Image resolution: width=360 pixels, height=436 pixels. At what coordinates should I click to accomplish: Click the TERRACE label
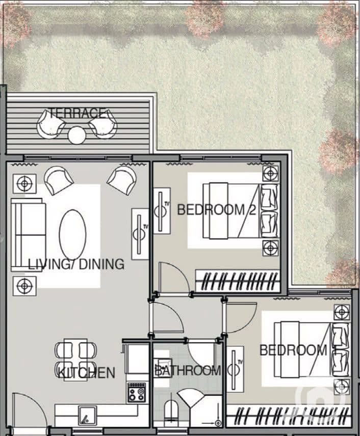coord(78,113)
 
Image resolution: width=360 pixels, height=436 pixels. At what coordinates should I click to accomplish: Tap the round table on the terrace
coord(77,135)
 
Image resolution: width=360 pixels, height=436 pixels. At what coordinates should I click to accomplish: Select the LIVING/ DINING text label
coord(76,264)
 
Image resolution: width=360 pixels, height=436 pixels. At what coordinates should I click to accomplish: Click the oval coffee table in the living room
coord(73,234)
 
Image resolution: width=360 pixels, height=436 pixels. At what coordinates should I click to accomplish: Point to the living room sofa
coord(28,235)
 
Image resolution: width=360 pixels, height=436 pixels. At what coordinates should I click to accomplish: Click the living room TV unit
coord(140,234)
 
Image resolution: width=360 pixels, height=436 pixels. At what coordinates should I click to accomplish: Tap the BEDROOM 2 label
coord(216,210)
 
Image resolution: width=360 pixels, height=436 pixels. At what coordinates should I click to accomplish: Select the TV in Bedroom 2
coord(162,211)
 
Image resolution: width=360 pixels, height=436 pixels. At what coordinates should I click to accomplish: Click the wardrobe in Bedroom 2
coord(238,281)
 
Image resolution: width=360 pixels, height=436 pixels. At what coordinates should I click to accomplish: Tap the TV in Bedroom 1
coord(235,369)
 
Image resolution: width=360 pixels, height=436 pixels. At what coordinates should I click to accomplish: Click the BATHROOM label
coord(188,370)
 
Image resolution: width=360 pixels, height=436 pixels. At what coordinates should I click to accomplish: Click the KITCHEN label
coord(86,373)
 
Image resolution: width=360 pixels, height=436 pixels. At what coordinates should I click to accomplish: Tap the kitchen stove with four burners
coord(137,393)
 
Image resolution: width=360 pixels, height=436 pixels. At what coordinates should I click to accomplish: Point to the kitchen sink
coord(87,416)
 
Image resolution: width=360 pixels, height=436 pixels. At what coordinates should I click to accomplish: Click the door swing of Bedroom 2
coord(174,277)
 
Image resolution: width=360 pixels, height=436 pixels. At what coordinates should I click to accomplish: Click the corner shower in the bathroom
coord(191,398)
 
